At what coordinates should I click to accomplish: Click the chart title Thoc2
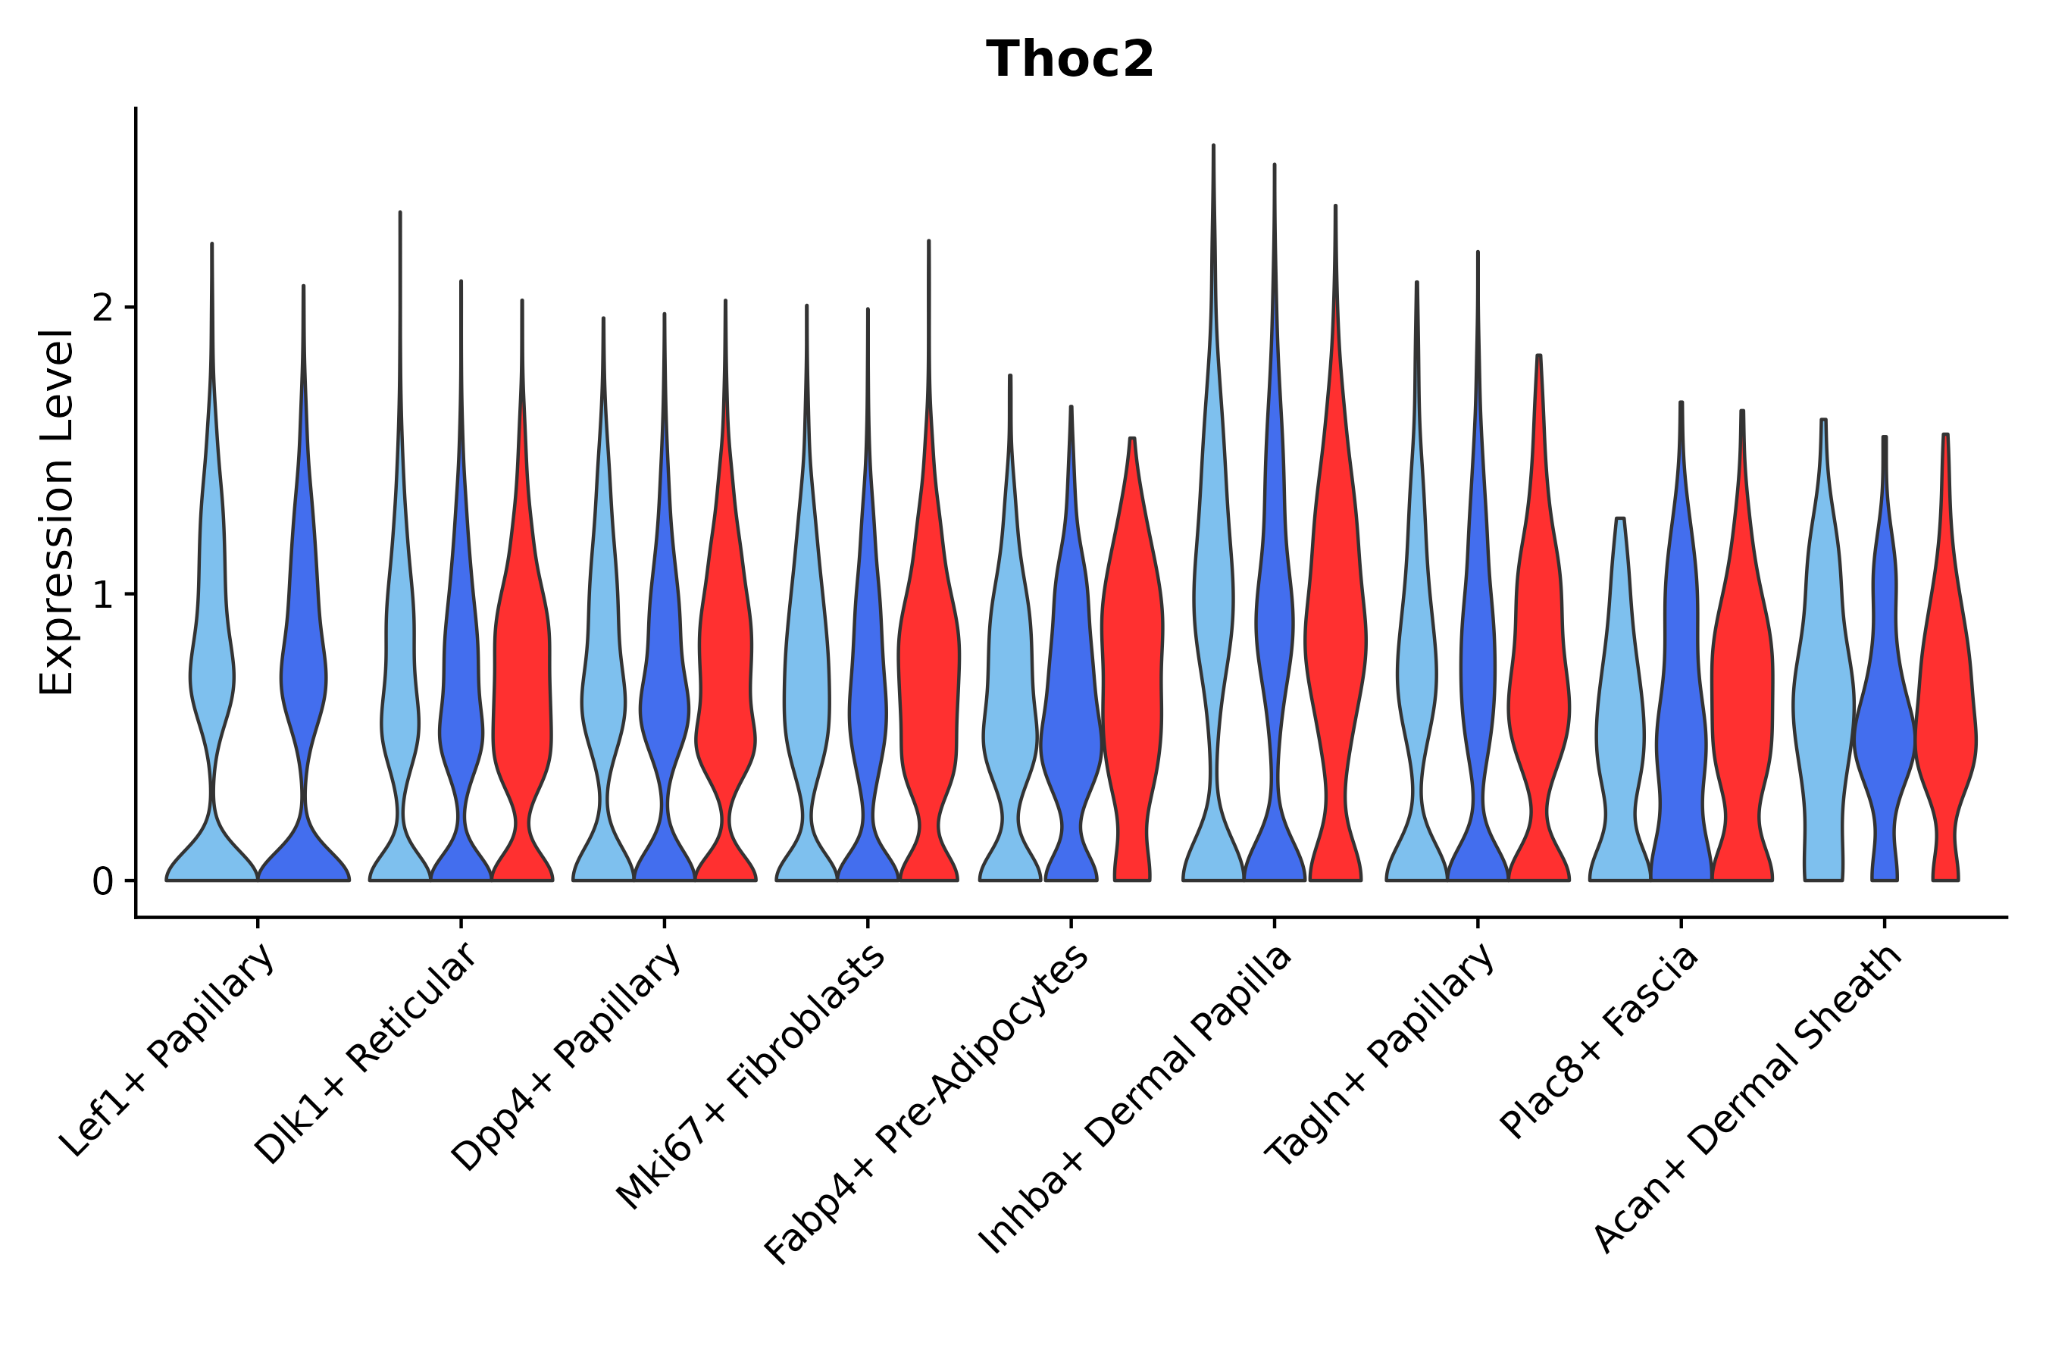pos(1069,60)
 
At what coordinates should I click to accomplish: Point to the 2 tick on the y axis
pos(102,308)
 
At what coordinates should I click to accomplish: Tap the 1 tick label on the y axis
pos(102,595)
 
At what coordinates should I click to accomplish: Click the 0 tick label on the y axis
pos(102,882)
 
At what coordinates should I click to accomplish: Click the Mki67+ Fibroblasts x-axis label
pos(752,1077)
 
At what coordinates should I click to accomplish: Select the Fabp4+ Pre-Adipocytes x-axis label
pos(928,1105)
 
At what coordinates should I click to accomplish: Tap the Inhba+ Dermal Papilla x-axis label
pos(1136,1100)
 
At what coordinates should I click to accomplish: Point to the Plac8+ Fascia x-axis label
pos(1599,1042)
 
